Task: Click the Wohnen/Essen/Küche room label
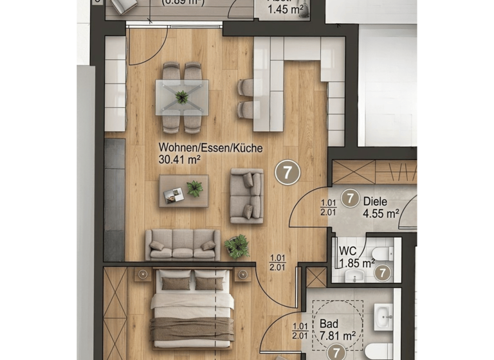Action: pos(210,148)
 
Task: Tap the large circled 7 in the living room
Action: pos(288,172)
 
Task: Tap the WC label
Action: pos(348,251)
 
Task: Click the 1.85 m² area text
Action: pos(357,262)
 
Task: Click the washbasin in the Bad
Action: pos(383,317)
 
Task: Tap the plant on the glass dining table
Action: pos(183,97)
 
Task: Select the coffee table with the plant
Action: pos(183,190)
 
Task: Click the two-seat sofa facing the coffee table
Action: pos(247,195)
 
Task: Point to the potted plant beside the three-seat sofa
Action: pos(237,245)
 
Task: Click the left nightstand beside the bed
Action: pos(142,274)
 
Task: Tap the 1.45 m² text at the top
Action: pos(286,9)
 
